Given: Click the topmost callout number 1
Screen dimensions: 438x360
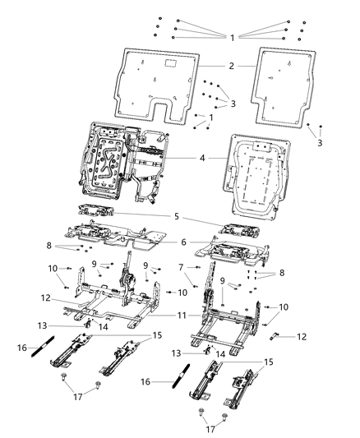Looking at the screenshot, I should pyautogui.click(x=233, y=37).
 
